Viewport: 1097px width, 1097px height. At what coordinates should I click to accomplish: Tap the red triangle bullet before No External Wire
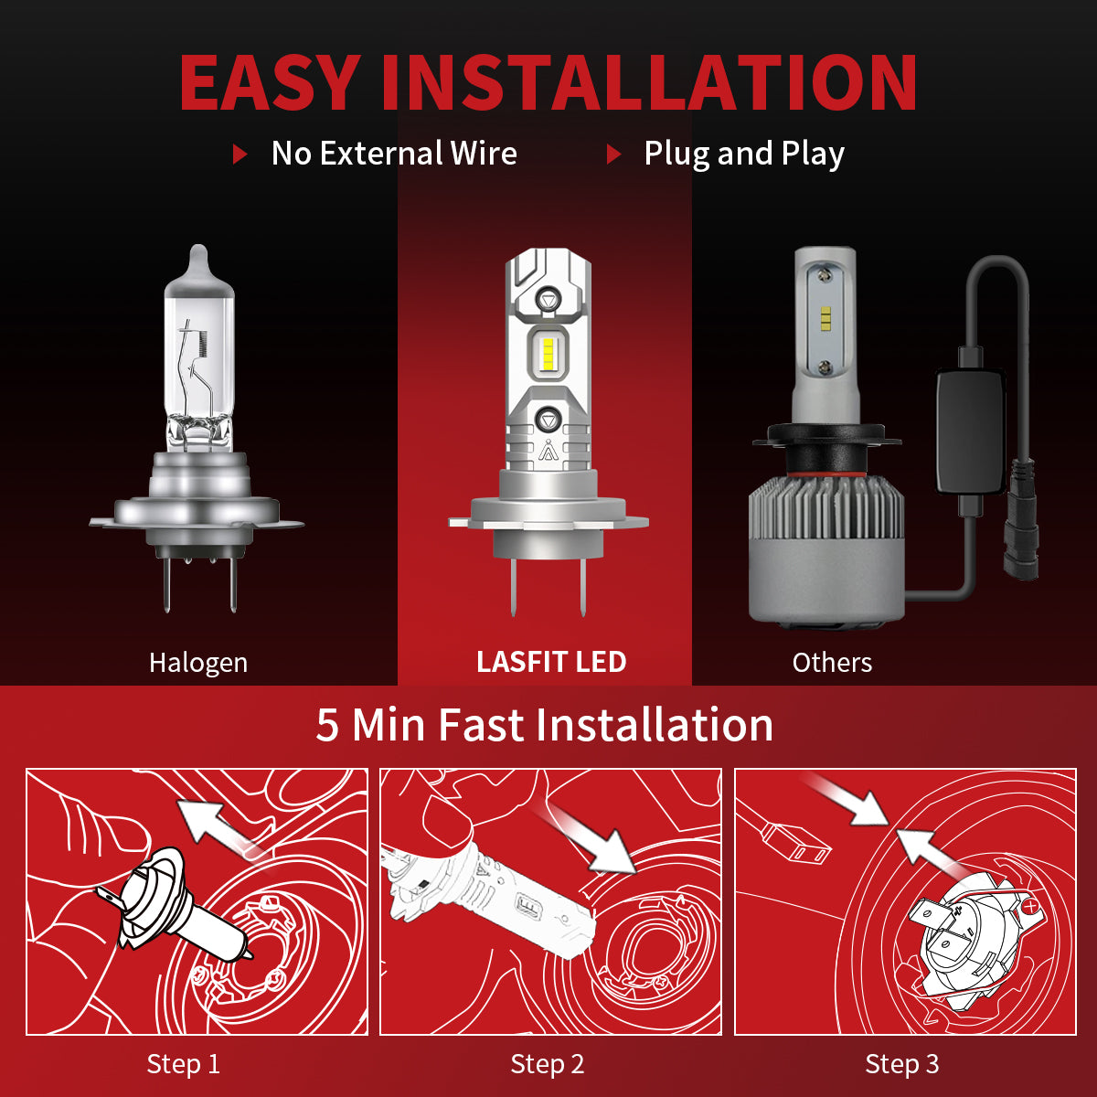click(240, 154)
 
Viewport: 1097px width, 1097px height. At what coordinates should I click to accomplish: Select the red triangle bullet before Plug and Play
click(613, 154)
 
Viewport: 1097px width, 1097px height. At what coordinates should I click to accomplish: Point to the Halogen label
click(198, 663)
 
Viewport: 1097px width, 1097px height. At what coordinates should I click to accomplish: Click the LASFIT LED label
click(551, 662)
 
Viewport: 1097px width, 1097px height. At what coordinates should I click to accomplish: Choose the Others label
click(832, 663)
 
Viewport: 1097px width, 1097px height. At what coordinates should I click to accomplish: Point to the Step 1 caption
click(184, 1064)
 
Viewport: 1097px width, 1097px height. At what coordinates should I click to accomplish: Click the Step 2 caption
click(548, 1064)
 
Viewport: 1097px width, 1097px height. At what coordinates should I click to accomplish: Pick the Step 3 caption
click(902, 1064)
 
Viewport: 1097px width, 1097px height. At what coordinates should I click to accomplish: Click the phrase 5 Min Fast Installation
click(545, 725)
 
